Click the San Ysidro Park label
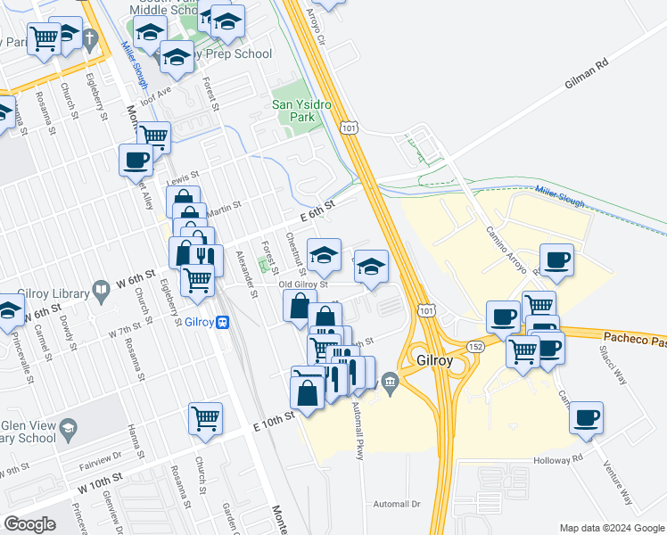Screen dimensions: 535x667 pyautogui.click(x=301, y=111)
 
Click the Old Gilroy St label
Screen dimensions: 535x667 pyautogui.click(x=304, y=284)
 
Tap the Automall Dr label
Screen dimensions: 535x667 pyautogui.click(x=397, y=504)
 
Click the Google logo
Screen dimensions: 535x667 pyautogui.click(x=30, y=523)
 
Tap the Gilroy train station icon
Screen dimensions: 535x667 pyautogui.click(x=226, y=323)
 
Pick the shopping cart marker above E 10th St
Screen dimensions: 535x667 pyautogui.click(x=205, y=418)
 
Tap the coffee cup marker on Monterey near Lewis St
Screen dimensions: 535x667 pyautogui.click(x=136, y=160)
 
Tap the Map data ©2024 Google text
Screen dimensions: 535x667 pyautogui.click(x=611, y=527)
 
